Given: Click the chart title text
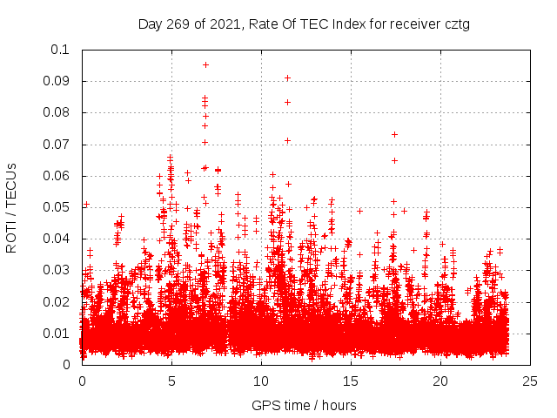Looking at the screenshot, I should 304,24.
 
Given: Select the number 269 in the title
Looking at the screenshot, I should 185,24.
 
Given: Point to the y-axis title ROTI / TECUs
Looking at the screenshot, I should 11,207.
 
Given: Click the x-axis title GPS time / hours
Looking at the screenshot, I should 304,405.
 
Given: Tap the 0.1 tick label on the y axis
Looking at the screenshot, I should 61,50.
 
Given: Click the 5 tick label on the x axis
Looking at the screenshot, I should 171,381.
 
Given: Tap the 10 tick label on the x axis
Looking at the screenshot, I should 261,381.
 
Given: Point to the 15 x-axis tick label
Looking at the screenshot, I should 351,381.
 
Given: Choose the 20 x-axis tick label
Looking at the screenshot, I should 440,381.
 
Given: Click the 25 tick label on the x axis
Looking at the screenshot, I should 530,381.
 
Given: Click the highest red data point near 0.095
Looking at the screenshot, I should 205,64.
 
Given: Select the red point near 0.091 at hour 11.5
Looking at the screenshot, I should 287,78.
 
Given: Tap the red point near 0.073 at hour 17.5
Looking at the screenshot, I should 394,134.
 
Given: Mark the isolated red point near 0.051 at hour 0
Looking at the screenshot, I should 86,205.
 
